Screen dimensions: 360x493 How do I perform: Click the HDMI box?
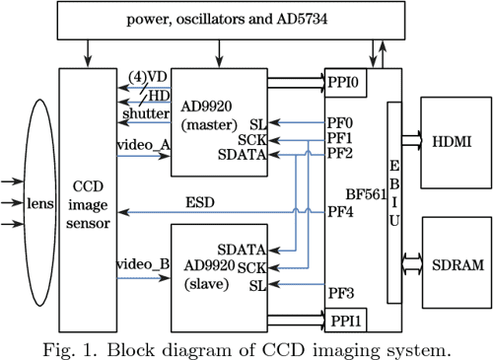point(452,142)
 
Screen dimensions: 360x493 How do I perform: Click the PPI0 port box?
point(346,83)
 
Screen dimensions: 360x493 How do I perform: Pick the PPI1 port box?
point(346,318)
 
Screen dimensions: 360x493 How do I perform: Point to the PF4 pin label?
point(340,210)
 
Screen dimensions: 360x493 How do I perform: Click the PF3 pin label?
point(340,293)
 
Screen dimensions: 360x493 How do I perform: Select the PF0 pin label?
point(340,122)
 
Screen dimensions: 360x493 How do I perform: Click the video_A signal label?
point(143,145)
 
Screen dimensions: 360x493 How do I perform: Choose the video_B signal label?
point(143,264)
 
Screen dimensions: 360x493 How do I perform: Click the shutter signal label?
point(145,114)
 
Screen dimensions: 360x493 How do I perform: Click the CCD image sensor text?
point(89,205)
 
